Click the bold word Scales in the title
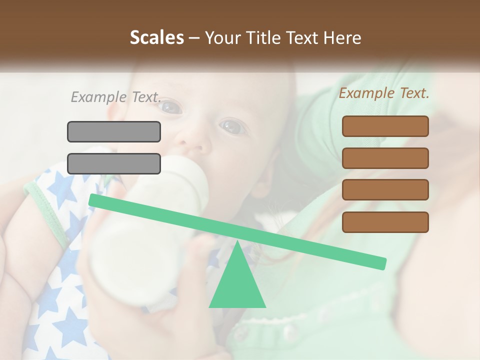click(156, 37)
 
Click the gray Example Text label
click(116, 97)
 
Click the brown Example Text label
click(384, 93)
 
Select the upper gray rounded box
click(114, 131)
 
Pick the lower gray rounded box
click(114, 163)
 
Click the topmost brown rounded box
click(385, 126)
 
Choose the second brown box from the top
click(385, 158)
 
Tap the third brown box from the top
click(385, 190)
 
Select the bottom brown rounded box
click(385, 222)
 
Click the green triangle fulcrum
click(237, 285)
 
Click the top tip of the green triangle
click(237, 242)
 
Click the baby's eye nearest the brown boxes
click(233, 127)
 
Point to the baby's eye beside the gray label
click(171, 106)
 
